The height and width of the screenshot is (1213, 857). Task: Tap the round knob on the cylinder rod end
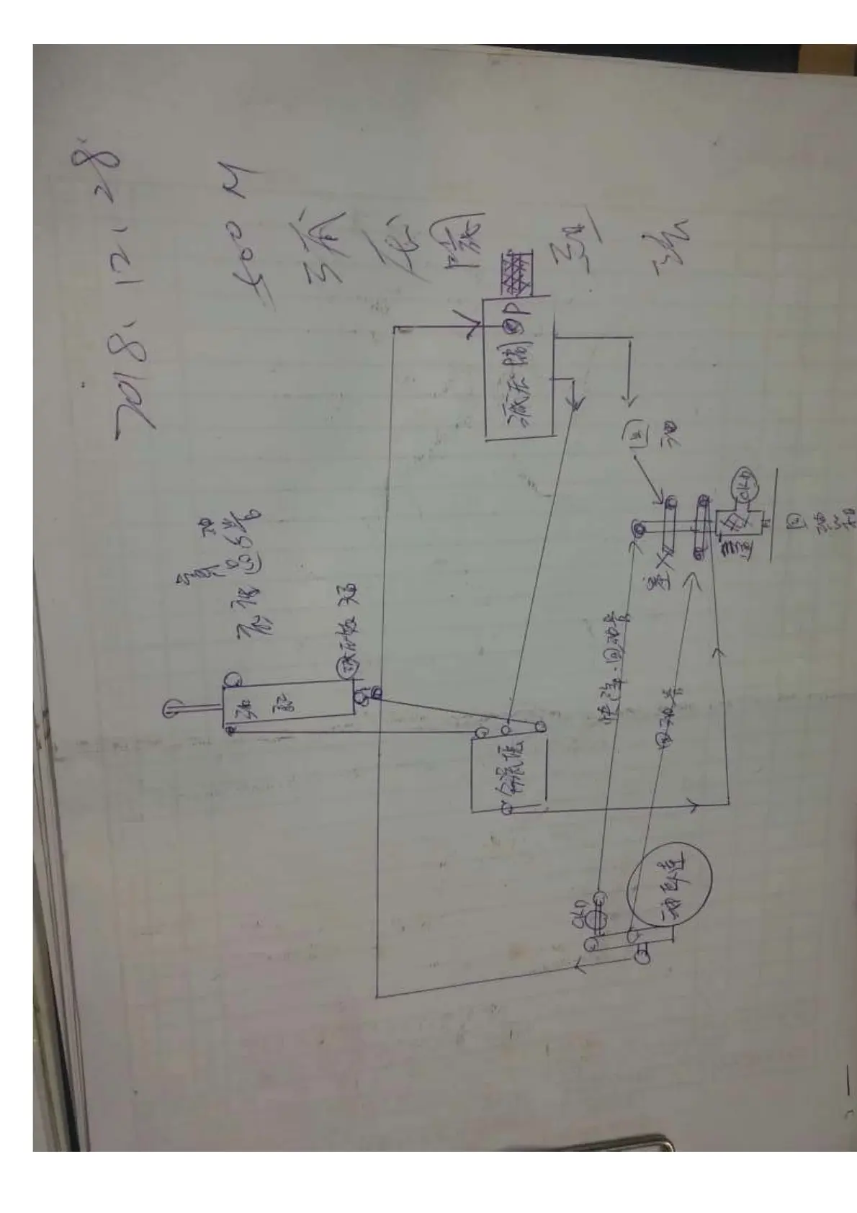pyautogui.click(x=171, y=707)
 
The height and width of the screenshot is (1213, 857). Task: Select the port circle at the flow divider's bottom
pyautogui.click(x=507, y=807)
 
